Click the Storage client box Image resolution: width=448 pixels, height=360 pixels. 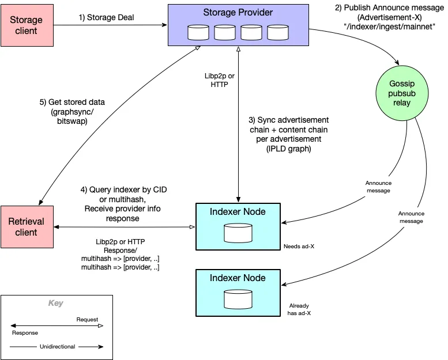(x=27, y=25)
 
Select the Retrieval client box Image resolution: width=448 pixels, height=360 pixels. (x=27, y=226)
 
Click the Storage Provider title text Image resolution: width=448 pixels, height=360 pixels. (x=238, y=13)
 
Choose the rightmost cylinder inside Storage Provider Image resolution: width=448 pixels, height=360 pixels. (x=278, y=32)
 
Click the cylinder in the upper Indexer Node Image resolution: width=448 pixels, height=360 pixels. (x=238, y=233)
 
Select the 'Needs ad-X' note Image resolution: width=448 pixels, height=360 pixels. (x=299, y=246)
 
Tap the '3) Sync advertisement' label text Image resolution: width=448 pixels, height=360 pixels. (x=288, y=120)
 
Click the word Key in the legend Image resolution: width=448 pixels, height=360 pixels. (x=56, y=303)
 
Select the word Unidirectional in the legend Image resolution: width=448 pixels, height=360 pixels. (x=56, y=347)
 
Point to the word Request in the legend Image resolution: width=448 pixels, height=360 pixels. (x=87, y=320)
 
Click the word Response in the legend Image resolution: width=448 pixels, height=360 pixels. (x=25, y=333)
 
